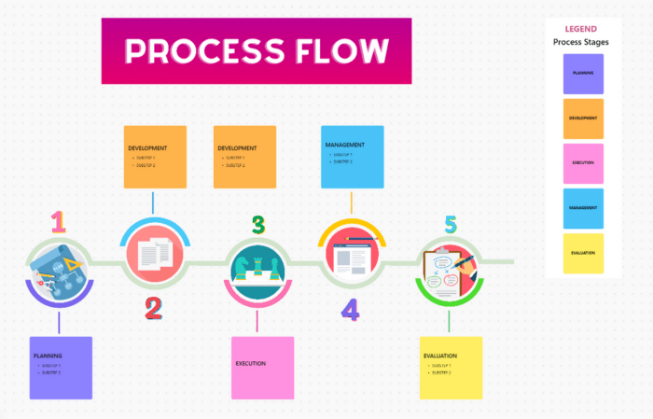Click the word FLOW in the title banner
coord(340,50)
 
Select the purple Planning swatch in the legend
coord(583,74)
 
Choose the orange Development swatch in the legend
coord(583,119)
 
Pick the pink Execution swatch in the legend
coord(583,163)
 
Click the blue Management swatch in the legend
coord(583,208)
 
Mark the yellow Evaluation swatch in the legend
coord(583,253)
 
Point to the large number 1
coord(59,221)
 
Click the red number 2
coord(154,307)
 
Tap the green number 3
coord(258,225)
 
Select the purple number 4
coord(350,309)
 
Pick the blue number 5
coord(451,225)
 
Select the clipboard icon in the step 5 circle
coord(449,271)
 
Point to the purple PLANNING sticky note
coord(61,368)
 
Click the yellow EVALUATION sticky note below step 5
coord(451,368)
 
